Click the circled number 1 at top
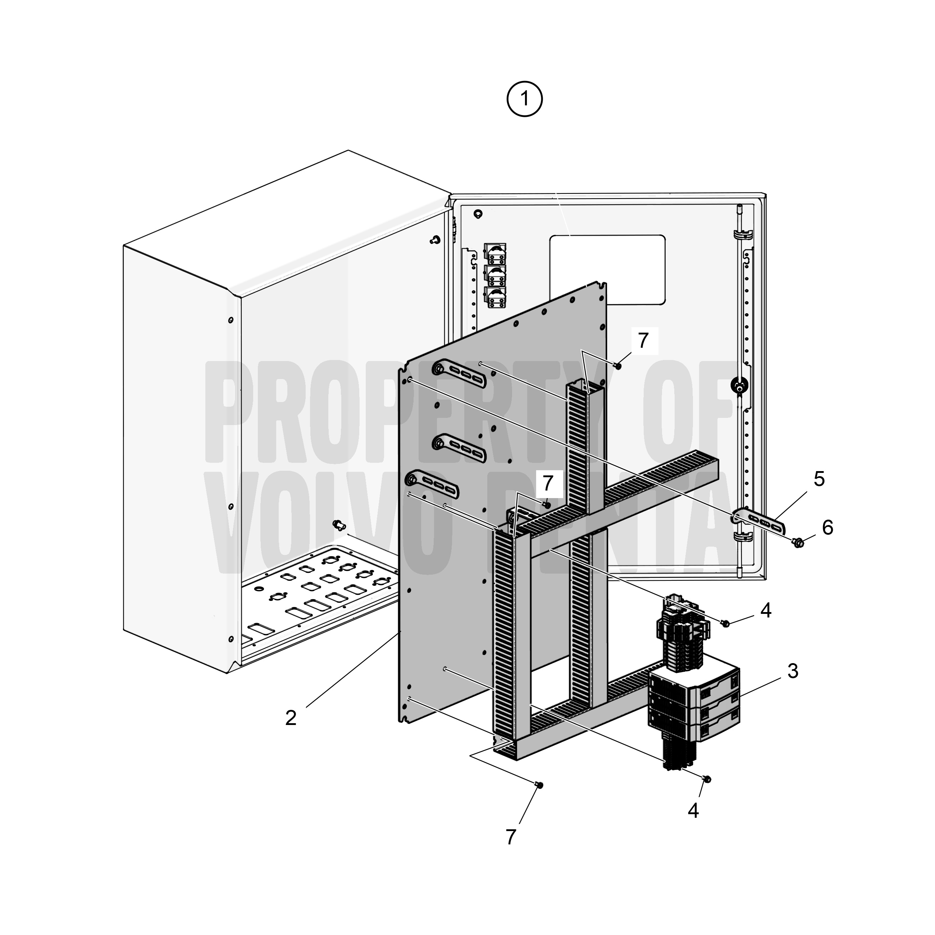(x=525, y=99)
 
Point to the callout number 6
(x=827, y=528)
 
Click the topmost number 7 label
(x=643, y=341)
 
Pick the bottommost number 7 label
(x=511, y=837)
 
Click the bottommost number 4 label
(x=693, y=811)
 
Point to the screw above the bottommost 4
(x=707, y=779)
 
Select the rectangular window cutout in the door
(x=607, y=270)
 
